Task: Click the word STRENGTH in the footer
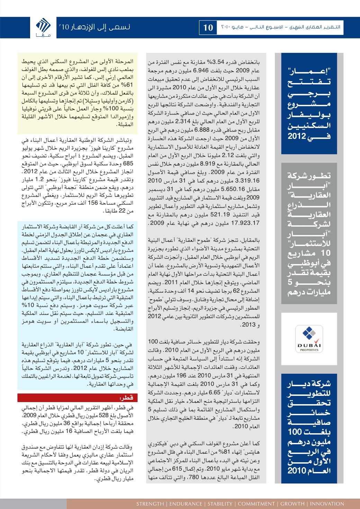click(x=150, y=503)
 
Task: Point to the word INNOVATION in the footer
click(x=327, y=503)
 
